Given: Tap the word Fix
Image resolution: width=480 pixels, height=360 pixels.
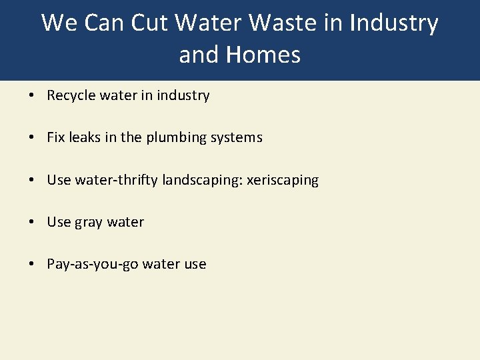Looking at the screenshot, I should tap(55, 137).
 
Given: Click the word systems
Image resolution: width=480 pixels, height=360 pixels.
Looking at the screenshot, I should tap(237, 138).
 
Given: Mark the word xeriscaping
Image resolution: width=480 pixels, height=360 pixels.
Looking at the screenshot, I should tap(283, 180).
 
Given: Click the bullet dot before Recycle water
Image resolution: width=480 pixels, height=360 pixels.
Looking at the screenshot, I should tap(32, 96).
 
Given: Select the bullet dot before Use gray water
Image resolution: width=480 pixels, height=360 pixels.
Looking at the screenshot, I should tap(32, 223).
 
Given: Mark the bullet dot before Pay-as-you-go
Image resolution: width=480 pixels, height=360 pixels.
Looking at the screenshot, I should tap(32, 265).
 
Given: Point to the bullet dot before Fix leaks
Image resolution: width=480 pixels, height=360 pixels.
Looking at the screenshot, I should tap(32, 138).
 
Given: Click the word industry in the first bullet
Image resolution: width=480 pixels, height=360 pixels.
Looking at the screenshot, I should tap(183, 95).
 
